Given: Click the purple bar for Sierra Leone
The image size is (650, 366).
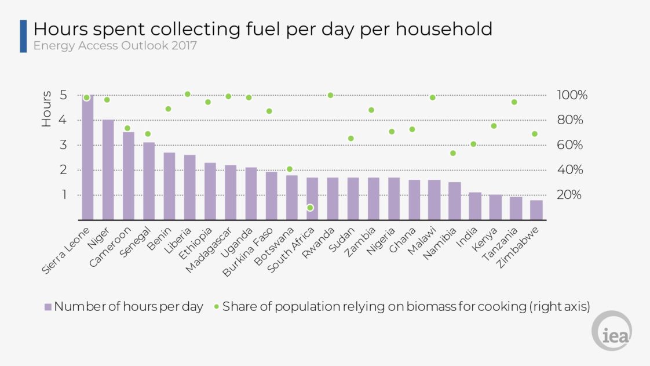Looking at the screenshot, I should tap(87, 157).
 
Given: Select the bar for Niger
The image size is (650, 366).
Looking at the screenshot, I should tap(108, 169).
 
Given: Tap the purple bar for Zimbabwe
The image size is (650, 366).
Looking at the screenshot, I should tap(536, 210).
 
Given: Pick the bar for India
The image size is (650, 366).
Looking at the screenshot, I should tap(475, 206).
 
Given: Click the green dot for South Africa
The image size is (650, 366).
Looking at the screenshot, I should tap(310, 208).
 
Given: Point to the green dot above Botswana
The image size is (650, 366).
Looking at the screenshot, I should tap(290, 169).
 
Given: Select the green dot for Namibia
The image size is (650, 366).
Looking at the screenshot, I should tap(453, 153).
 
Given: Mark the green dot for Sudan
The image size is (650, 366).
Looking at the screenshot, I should tap(351, 138).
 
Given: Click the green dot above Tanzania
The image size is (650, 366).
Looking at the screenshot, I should tap(514, 102).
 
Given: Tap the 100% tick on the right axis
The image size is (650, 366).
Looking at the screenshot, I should tap(572, 95).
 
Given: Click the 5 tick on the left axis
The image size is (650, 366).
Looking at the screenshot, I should tap(64, 95).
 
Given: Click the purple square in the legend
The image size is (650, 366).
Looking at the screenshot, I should tap(48, 307).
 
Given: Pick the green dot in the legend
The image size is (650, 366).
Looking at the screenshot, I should tap(216, 307).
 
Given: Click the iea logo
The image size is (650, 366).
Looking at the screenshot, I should tap(611, 331).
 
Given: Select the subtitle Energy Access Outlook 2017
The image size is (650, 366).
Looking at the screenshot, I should tap(115, 45).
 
